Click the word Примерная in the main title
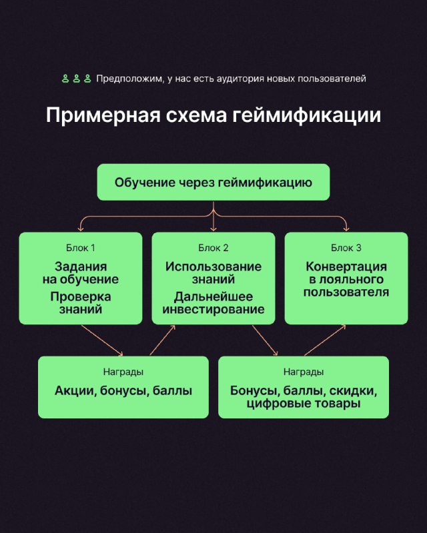[x=103, y=116]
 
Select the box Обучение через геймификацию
[x=213, y=182]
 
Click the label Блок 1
[x=81, y=248]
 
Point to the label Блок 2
[x=213, y=248]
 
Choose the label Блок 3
[x=346, y=248]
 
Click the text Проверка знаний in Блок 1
[x=81, y=303]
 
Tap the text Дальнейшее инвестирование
[x=213, y=303]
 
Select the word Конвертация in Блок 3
[x=346, y=266]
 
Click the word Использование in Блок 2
[x=213, y=266]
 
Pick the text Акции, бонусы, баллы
[x=123, y=391]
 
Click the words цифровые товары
[x=304, y=404]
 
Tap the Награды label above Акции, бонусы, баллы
[x=123, y=372]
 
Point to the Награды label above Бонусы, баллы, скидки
[x=304, y=372]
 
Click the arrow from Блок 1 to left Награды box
[x=102, y=340]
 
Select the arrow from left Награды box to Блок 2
[x=162, y=340]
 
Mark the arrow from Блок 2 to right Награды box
[x=265, y=340]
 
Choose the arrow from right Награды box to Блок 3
[x=325, y=340]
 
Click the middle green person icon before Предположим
[x=77, y=79]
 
